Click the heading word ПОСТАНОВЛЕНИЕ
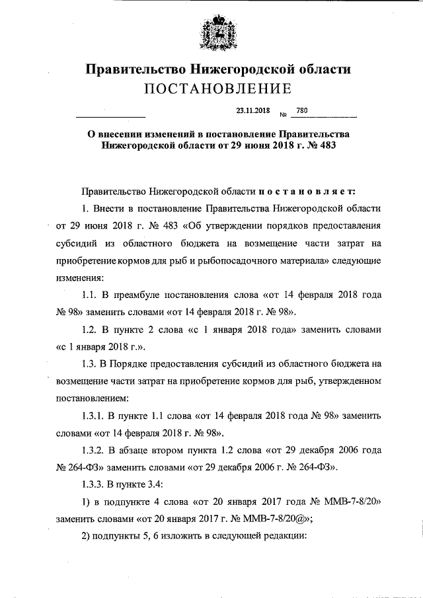212,88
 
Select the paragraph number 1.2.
90,328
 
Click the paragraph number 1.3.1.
94,415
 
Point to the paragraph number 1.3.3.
94,484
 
